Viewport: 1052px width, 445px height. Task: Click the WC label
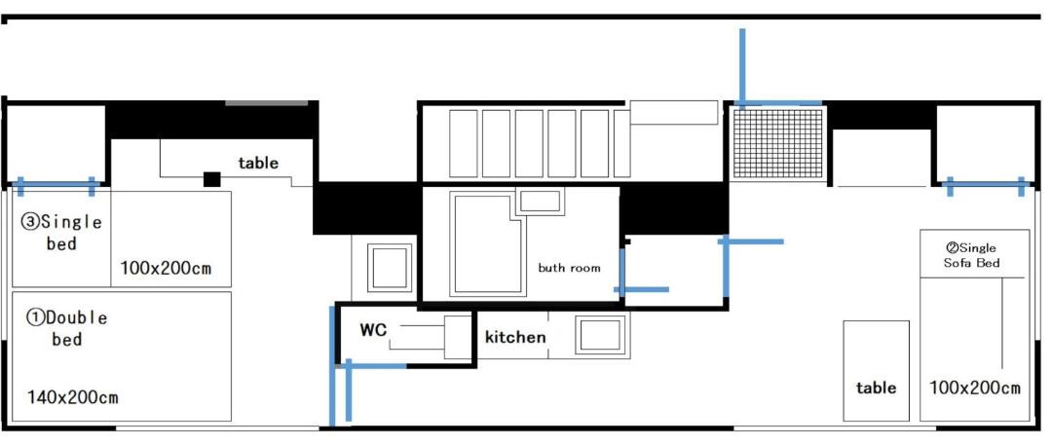click(374, 330)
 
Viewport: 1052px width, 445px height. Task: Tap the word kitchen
click(515, 337)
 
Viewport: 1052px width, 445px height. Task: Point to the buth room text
click(569, 268)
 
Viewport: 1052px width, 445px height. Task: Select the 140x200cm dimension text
click(72, 397)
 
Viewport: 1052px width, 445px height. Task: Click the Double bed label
click(66, 327)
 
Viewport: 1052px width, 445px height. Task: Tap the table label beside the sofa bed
click(877, 388)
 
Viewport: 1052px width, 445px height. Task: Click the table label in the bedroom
click(258, 163)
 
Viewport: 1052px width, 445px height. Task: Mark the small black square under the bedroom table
click(212, 179)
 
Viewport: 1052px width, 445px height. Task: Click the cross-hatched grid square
click(777, 144)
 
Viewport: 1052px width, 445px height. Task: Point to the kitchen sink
click(600, 335)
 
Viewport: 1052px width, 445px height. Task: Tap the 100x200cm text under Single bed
click(166, 269)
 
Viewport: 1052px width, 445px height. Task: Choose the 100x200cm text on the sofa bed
click(975, 388)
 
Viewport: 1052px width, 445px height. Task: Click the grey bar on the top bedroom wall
click(266, 102)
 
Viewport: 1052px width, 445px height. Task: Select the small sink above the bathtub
click(540, 201)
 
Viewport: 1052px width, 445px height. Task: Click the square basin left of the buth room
click(389, 267)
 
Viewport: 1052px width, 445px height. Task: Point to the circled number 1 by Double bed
click(35, 316)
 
